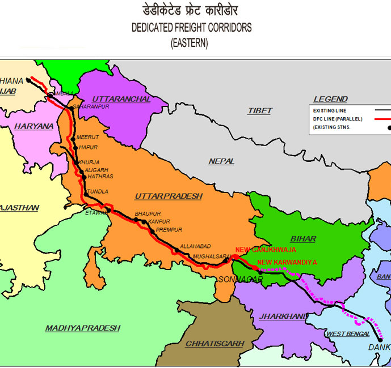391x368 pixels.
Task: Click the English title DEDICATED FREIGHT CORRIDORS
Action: tap(191, 27)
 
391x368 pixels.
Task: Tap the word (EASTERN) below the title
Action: tap(190, 43)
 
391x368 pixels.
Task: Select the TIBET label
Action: tap(259, 111)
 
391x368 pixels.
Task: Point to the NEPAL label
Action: tap(221, 161)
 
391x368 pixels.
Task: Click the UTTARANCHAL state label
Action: tap(121, 99)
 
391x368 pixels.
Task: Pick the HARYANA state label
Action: tap(35, 126)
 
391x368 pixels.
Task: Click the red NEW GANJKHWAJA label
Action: tap(266, 250)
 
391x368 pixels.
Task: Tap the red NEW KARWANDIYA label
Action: tap(287, 262)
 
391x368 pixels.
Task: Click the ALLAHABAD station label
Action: tap(195, 246)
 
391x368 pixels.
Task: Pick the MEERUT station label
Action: tap(88, 137)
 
